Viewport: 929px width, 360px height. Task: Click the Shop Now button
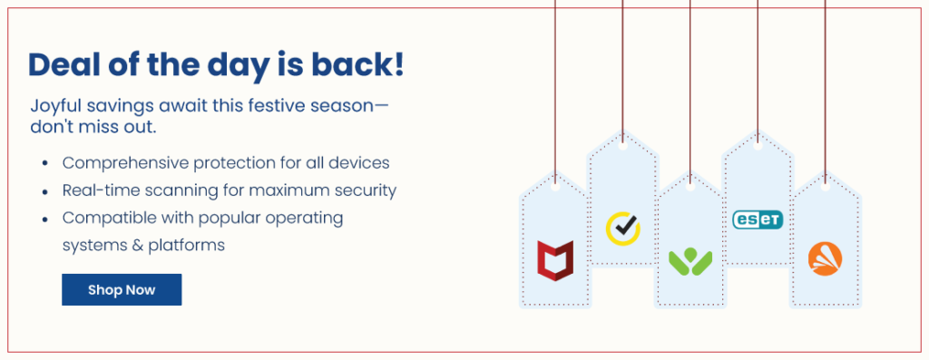pyautogui.click(x=122, y=289)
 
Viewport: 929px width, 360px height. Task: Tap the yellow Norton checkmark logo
pyautogui.click(x=622, y=228)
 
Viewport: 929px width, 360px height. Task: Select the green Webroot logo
pyautogui.click(x=690, y=262)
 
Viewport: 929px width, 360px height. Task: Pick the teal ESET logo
pyautogui.click(x=758, y=219)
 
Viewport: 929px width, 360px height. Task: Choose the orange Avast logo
pyautogui.click(x=825, y=258)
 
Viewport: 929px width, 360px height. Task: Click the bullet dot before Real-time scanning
pyautogui.click(x=45, y=192)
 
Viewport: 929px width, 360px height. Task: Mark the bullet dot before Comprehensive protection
pyautogui.click(x=45, y=164)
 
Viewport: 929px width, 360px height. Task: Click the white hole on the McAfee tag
pyautogui.click(x=555, y=187)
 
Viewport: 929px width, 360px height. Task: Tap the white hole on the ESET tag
pyautogui.click(x=758, y=145)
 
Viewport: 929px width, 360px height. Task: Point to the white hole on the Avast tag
pyautogui.click(x=826, y=187)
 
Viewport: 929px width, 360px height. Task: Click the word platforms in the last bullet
pyautogui.click(x=186, y=246)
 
